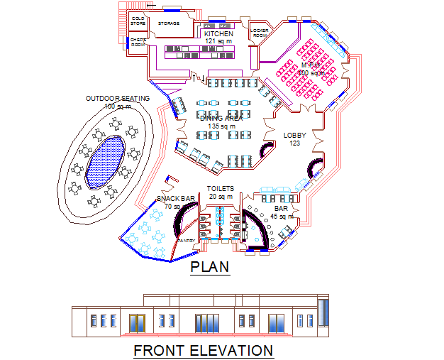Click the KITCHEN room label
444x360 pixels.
[218, 33]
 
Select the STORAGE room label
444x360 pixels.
[168, 23]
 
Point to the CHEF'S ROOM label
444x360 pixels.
[138, 42]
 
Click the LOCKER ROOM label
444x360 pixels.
[260, 32]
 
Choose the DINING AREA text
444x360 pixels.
[221, 118]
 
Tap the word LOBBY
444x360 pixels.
[295, 135]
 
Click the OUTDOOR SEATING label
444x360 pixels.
[118, 98]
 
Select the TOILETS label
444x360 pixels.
[221, 188]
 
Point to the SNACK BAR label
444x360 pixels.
[175, 199]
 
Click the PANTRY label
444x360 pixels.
[187, 241]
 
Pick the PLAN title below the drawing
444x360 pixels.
[210, 267]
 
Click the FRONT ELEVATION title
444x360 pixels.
[203, 350]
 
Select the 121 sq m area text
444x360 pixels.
[218, 41]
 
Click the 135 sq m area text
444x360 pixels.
[221, 126]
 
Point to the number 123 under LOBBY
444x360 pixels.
[295, 143]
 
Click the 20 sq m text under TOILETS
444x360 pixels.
[221, 196]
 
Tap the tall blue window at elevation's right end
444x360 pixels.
[323, 314]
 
